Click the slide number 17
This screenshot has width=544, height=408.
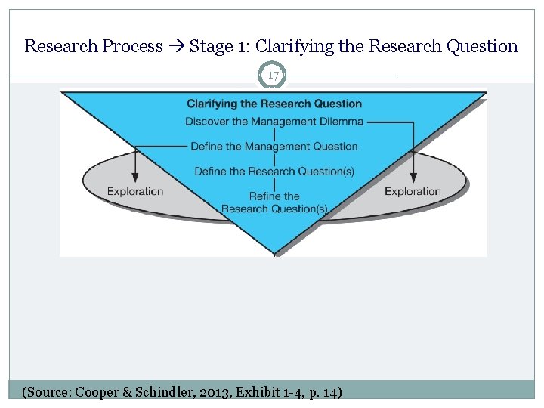pyautogui.click(x=274, y=76)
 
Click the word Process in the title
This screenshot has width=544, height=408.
pyautogui.click(x=133, y=46)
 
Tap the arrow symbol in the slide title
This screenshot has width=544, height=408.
pyautogui.click(x=176, y=46)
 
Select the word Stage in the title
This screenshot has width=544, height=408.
pyautogui.click(x=212, y=46)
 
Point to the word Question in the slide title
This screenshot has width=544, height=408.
pyautogui.click(x=482, y=46)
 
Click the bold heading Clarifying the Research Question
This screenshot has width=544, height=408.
pyautogui.click(x=274, y=104)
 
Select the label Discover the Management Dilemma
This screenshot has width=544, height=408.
pyautogui.click(x=274, y=121)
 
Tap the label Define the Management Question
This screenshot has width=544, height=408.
pyautogui.click(x=274, y=146)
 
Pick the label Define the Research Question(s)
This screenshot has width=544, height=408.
pyautogui.click(x=274, y=172)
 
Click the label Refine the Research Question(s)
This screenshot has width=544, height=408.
pyautogui.click(x=274, y=202)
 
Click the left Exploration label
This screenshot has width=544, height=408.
pyautogui.click(x=135, y=191)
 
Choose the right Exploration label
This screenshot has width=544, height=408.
pyautogui.click(x=413, y=191)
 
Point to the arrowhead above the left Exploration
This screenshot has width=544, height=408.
pyautogui.click(x=135, y=177)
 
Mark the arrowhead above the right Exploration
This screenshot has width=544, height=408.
pyautogui.click(x=413, y=177)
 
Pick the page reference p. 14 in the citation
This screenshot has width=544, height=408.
pyautogui.click(x=323, y=392)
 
